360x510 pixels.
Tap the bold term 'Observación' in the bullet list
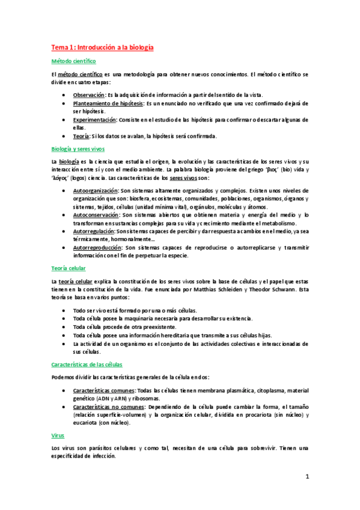point(88,95)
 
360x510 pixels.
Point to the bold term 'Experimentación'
point(95,120)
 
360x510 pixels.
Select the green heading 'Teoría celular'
point(69,268)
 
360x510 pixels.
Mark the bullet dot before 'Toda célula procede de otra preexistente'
point(65,327)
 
